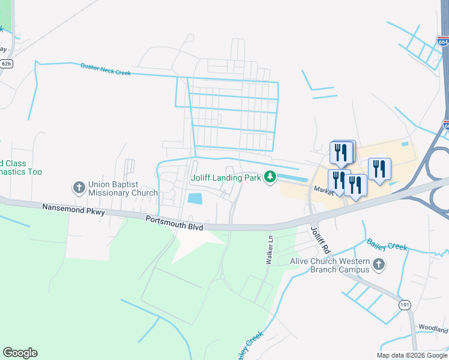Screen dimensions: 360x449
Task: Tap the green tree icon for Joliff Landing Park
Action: coord(271,177)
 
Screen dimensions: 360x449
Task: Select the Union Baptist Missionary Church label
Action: coord(122,189)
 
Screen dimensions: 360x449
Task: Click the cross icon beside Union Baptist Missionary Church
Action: coord(79,188)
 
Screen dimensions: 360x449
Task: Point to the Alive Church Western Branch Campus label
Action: coord(329,265)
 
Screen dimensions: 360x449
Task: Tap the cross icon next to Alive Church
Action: coord(378,264)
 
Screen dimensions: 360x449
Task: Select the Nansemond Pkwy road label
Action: coord(74,210)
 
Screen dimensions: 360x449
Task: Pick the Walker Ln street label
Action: coord(270,251)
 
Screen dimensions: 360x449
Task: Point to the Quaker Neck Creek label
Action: coord(105,69)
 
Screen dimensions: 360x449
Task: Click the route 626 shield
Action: coord(7,63)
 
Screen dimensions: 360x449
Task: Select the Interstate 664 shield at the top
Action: coord(443,41)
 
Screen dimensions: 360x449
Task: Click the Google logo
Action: coord(20,353)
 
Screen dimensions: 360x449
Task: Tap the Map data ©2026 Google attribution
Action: coord(412,355)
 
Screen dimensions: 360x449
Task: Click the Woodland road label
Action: coord(434,329)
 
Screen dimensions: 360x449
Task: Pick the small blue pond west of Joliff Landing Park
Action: coord(194,198)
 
